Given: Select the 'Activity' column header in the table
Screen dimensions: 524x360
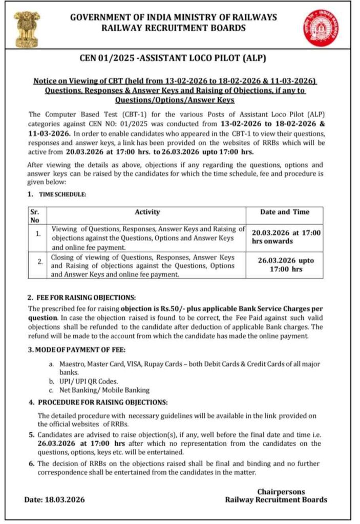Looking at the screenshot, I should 147,212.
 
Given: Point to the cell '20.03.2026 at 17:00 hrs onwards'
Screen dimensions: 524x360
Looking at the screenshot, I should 286,236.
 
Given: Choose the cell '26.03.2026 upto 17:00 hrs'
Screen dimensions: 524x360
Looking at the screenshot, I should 286,264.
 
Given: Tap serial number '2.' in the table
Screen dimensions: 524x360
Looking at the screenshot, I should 39,262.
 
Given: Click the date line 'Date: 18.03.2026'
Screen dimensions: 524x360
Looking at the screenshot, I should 55,499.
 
